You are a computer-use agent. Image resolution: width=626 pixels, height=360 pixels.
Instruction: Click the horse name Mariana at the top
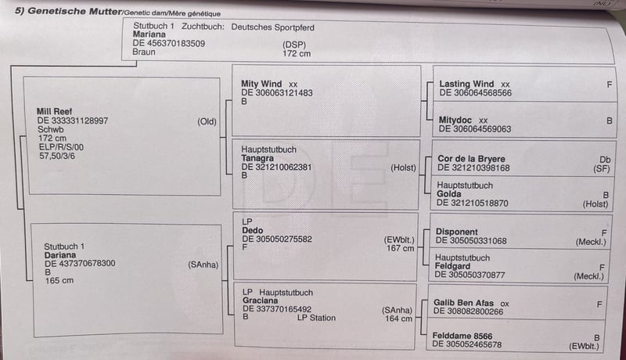tap(149, 34)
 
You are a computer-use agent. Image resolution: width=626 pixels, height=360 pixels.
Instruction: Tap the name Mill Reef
tap(54, 111)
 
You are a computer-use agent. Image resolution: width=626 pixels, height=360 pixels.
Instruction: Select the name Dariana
tap(60, 255)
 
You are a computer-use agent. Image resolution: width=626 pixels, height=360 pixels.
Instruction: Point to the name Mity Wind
tap(261, 84)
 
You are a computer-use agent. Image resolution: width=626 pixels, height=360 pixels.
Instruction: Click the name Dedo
tap(252, 230)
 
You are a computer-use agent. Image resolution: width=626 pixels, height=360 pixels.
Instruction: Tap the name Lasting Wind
tap(466, 84)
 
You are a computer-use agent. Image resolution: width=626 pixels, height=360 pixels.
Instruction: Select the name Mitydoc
tap(455, 120)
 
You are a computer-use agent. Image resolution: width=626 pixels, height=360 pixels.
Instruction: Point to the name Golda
tap(448, 194)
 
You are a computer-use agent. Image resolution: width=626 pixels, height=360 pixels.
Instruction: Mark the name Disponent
tap(457, 232)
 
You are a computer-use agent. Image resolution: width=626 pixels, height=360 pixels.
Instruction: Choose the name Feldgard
tap(452, 266)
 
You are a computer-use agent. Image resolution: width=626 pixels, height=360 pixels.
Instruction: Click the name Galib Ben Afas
tap(463, 303)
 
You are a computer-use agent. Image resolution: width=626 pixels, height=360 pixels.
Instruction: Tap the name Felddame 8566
tap(462, 336)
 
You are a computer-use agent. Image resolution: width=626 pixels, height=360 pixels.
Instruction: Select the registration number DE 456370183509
tap(169, 44)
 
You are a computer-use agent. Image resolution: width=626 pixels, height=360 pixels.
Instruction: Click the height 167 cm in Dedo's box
tap(400, 248)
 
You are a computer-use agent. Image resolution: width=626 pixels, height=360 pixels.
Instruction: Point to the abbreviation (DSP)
tap(294, 45)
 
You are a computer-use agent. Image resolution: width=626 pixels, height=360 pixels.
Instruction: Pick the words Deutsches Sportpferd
tap(272, 27)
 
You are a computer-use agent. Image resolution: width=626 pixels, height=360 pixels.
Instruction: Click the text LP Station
tap(316, 318)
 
